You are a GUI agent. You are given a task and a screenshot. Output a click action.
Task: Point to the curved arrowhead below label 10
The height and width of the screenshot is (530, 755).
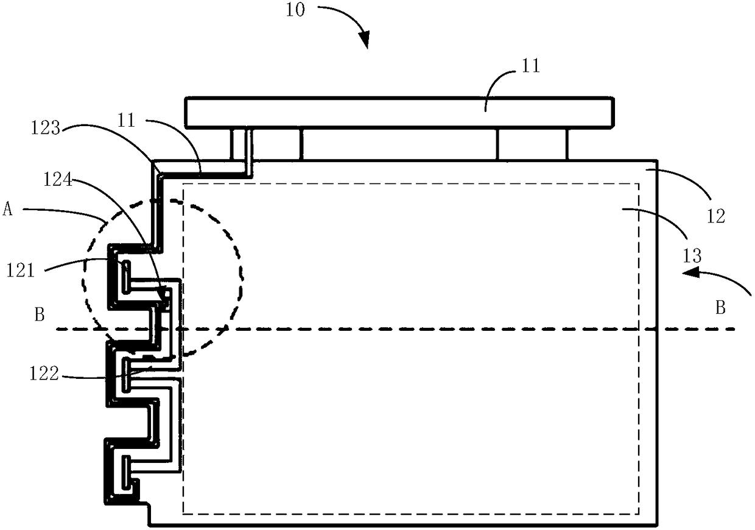[x=365, y=41]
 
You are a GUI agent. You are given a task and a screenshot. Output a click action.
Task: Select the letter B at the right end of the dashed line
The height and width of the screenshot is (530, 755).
[x=720, y=308]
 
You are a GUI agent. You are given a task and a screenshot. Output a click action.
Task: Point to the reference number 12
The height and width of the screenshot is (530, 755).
[x=717, y=217]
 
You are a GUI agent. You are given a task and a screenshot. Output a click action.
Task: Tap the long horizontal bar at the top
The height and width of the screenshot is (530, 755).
[x=399, y=113]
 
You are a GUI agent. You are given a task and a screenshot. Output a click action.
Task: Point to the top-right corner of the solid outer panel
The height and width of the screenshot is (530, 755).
[x=658, y=161]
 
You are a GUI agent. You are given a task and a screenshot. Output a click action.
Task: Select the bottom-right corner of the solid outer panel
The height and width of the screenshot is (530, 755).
[x=658, y=525]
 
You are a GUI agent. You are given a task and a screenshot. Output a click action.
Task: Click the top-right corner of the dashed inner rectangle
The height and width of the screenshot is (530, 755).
[x=638, y=183]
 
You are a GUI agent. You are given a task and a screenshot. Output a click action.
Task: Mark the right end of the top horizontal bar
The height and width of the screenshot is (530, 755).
[x=612, y=113]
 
